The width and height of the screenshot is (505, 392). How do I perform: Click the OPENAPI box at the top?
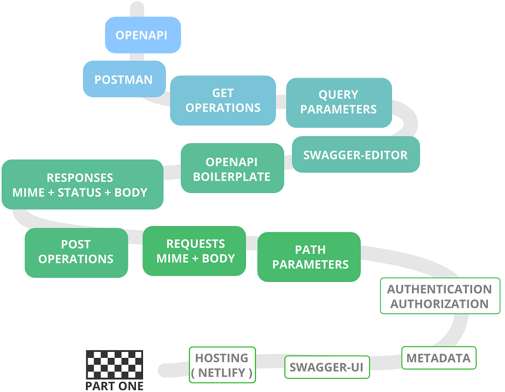(x=142, y=35)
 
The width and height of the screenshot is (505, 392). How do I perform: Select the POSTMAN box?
(x=124, y=79)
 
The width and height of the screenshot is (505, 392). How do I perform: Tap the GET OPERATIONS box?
(x=223, y=101)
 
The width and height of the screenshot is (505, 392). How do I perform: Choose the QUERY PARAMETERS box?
(x=338, y=102)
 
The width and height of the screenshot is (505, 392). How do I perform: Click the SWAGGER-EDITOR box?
(x=356, y=155)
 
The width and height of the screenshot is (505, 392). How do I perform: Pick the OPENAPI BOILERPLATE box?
(x=232, y=169)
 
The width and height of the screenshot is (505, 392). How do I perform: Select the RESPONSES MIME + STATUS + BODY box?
(x=82, y=185)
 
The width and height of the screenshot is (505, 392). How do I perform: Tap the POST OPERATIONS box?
(x=76, y=252)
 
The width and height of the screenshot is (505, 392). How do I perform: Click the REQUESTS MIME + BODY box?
(x=194, y=251)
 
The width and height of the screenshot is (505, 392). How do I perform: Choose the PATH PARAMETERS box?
(x=309, y=257)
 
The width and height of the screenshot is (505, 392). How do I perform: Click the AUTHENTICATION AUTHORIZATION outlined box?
(x=440, y=297)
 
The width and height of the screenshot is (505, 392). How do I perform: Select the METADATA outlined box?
(x=438, y=358)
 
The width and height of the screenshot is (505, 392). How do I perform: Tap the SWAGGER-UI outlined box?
(x=327, y=368)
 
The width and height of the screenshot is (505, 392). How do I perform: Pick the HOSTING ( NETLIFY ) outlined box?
(x=222, y=365)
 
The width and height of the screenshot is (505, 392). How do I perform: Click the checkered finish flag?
(x=114, y=365)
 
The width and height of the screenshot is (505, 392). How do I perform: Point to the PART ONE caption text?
(x=114, y=386)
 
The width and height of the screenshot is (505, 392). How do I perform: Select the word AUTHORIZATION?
(x=440, y=304)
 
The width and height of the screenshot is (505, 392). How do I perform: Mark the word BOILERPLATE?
(x=232, y=177)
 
